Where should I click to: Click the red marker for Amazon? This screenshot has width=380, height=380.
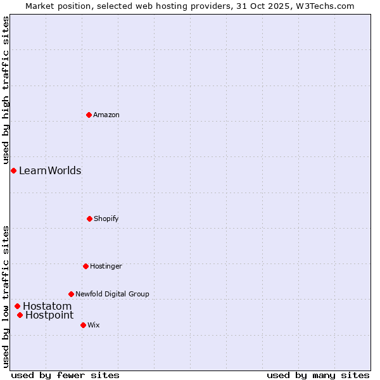point(89,115)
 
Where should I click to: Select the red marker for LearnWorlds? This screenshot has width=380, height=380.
point(13,170)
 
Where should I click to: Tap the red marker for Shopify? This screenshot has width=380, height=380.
point(89,218)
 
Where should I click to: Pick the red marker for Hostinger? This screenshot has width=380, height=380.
point(85,266)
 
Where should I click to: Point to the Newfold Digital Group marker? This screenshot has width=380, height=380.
point(71,294)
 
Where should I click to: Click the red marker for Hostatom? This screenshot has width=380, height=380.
point(17,306)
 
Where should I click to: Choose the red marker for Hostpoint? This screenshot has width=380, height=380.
point(20,315)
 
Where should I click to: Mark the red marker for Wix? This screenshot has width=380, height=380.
point(83,325)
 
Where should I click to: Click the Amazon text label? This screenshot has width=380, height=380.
point(106,115)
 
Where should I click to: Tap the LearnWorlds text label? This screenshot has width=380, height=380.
point(50,170)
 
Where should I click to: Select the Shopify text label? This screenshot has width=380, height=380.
point(106,218)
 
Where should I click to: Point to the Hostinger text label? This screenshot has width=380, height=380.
point(106,266)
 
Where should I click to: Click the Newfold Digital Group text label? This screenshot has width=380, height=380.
point(112,294)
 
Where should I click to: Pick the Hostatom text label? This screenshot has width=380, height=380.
point(47,306)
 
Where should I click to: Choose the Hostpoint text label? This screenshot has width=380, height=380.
point(49,315)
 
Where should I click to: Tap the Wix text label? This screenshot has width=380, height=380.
point(94,325)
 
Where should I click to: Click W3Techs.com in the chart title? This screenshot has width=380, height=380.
point(324,6)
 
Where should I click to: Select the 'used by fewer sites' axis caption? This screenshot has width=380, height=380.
point(65,375)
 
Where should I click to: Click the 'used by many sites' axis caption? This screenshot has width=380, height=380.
point(318,375)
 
